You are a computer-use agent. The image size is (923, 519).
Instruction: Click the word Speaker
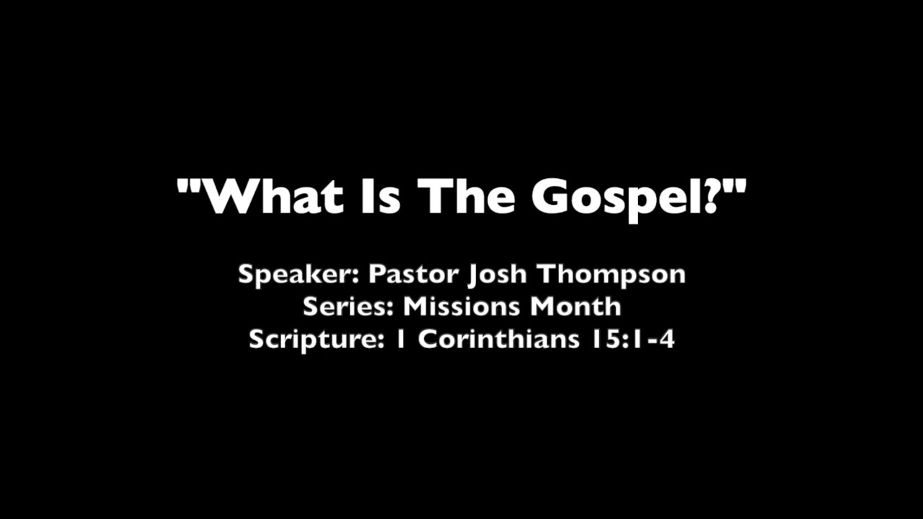tap(299, 275)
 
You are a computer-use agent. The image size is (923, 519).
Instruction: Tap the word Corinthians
tap(498, 339)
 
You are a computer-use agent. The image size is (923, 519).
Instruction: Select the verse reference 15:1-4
tap(632, 339)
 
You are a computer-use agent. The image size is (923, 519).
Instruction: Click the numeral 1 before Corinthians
tap(401, 339)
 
